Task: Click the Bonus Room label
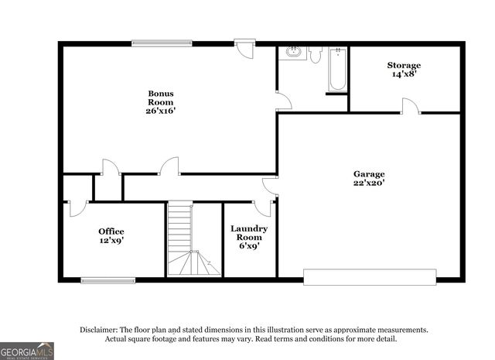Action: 161,98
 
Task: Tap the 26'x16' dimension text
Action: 161,111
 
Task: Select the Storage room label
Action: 404,65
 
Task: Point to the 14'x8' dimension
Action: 404,75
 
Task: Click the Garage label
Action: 369,173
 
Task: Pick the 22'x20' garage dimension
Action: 369,183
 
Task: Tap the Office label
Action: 111,231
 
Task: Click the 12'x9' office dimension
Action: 111,241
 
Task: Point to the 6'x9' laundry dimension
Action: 249,246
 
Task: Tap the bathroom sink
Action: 293,53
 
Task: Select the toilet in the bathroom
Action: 316,53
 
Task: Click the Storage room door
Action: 411,106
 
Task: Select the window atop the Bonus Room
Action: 161,43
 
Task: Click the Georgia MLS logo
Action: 28,351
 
